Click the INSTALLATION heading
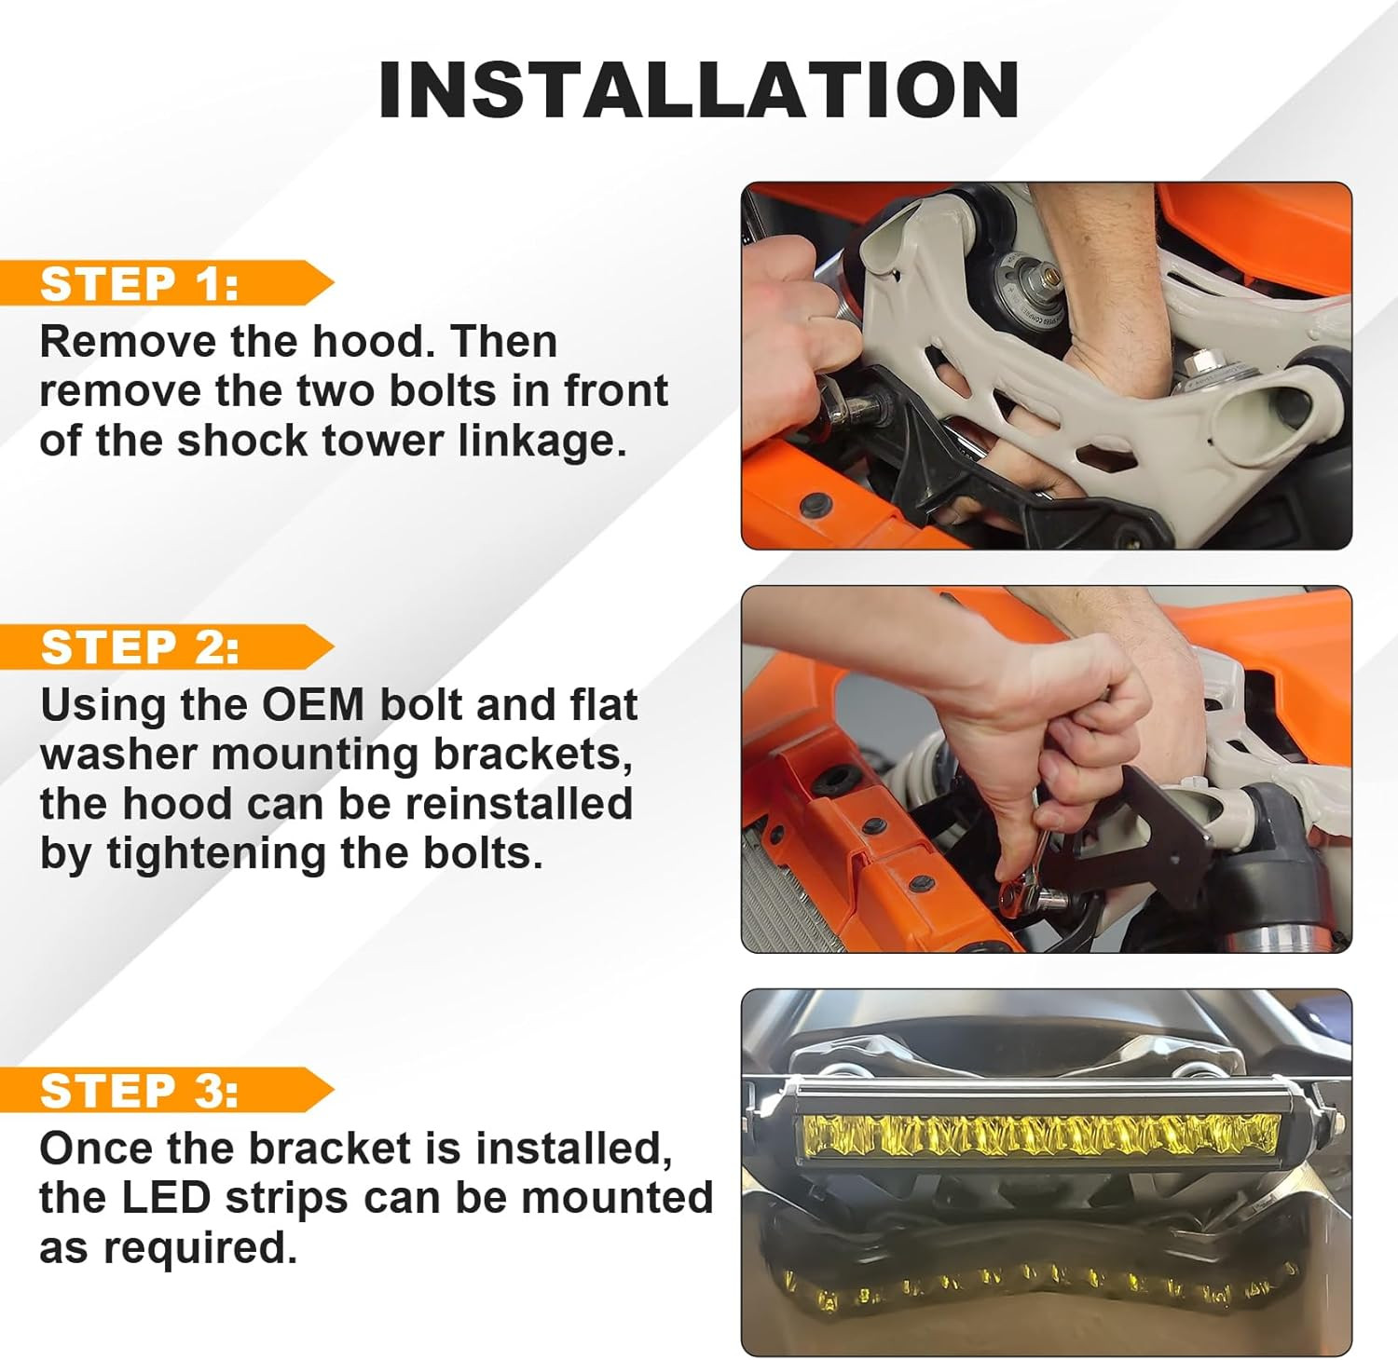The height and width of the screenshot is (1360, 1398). tap(698, 89)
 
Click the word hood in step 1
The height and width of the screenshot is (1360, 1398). tap(374, 342)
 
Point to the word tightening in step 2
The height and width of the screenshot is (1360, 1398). tap(216, 854)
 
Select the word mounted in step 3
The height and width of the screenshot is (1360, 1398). tap(617, 1198)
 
